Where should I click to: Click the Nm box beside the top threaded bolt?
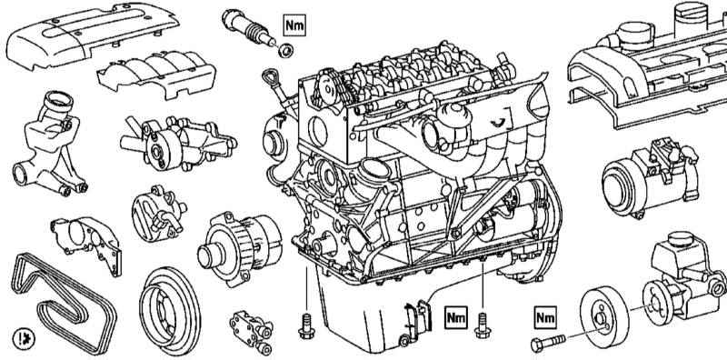tap(294, 25)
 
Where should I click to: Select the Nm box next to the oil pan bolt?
tap(455, 317)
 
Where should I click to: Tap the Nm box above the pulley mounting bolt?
tap(545, 317)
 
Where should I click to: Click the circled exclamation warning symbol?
tap(24, 339)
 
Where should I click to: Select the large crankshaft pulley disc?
tap(170, 311)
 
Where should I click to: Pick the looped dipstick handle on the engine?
tap(269, 78)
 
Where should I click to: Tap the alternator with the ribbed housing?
tap(239, 249)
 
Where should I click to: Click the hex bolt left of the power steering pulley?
tap(548, 344)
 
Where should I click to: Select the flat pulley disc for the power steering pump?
tap(604, 317)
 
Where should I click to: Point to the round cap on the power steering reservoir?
tap(681, 239)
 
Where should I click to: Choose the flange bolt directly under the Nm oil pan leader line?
tap(483, 325)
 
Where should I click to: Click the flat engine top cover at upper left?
tap(92, 35)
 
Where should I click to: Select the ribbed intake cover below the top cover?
tap(156, 75)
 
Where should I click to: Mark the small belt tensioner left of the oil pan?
tap(251, 330)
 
